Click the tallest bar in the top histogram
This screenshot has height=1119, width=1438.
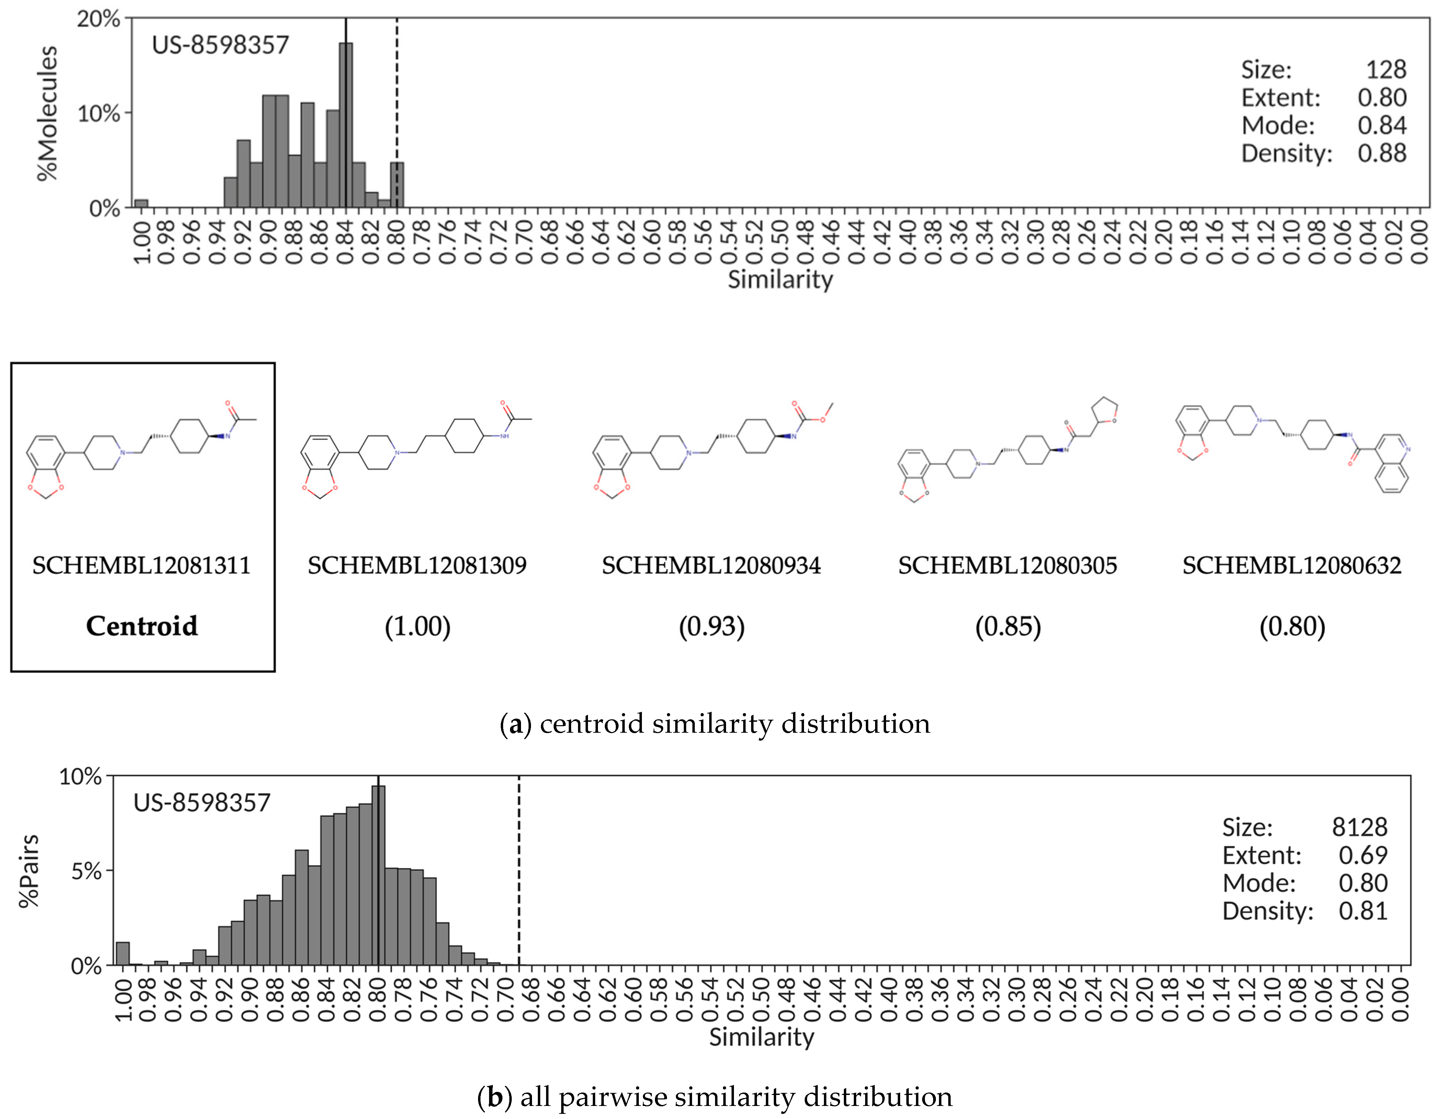click(346, 125)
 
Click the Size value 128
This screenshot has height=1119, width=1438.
click(1386, 70)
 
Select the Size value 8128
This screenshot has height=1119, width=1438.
click(1360, 827)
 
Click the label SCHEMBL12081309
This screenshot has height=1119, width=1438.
click(417, 566)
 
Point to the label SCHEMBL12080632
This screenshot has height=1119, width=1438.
click(1292, 566)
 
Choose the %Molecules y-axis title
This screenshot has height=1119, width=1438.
click(47, 113)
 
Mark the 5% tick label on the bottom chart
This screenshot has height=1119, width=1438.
click(86, 871)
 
